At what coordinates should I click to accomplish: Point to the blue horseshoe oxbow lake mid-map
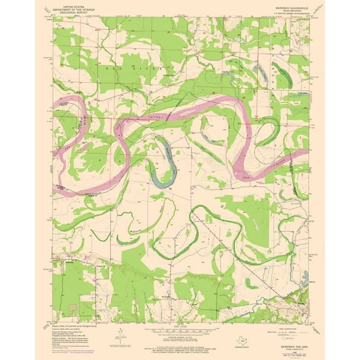[x=164, y=164]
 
